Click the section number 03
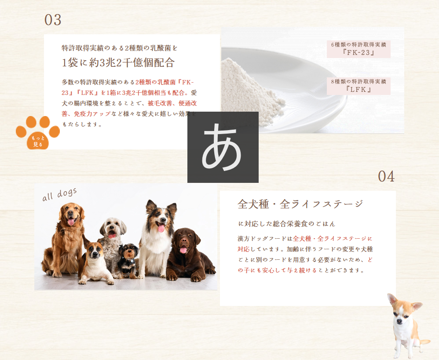53,20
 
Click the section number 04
386,177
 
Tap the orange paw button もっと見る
37,133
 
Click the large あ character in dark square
223,147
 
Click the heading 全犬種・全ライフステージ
300,204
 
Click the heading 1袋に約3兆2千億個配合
118,62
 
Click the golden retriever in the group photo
66,237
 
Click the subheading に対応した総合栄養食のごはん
287,224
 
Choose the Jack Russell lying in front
95,264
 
